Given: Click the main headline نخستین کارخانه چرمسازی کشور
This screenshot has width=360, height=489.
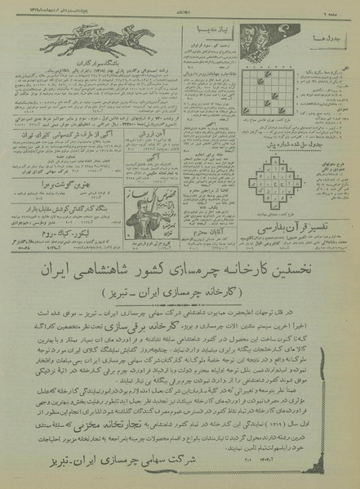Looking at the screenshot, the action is [x=180, y=269].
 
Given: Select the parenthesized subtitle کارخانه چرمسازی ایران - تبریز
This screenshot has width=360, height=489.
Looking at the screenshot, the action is [x=181, y=292].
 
